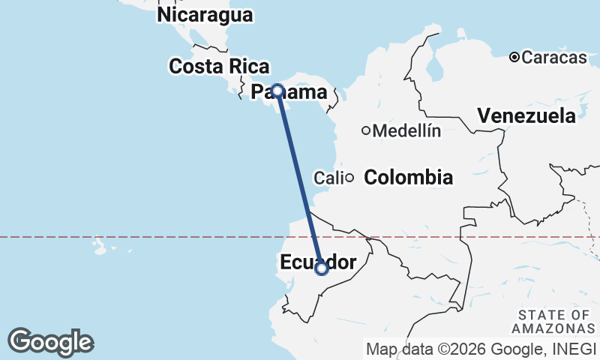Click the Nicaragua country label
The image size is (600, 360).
(x=205, y=15)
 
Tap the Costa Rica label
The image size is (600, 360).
(x=219, y=66)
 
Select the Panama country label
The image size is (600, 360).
(x=289, y=92)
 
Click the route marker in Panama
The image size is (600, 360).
(x=277, y=90)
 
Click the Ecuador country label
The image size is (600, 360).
(x=316, y=262)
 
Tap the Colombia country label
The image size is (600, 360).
(x=409, y=178)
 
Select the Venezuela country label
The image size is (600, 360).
(x=526, y=115)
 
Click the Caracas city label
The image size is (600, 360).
(x=554, y=57)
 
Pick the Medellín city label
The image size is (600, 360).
(x=406, y=131)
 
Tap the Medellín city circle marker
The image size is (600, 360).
(x=366, y=131)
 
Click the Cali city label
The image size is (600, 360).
(x=328, y=178)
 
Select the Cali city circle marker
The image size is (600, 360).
(x=349, y=178)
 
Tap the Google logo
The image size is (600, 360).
(x=51, y=342)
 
